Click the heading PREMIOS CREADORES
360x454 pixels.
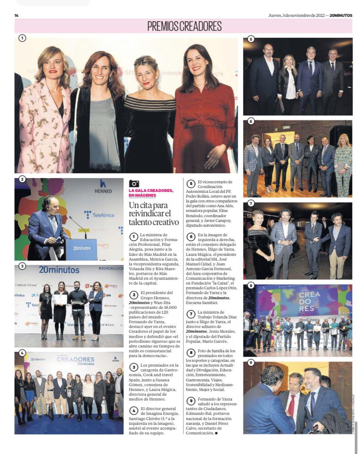(184, 26)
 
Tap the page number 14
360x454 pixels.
(17, 16)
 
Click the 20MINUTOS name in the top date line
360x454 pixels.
(340, 16)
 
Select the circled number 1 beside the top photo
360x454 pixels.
(22, 38)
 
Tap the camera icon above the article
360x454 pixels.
(134, 184)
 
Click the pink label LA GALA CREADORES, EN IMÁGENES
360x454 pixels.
(151, 193)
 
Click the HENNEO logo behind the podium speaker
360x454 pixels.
(103, 186)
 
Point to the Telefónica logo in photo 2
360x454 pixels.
(100, 215)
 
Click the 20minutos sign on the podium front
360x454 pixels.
(81, 249)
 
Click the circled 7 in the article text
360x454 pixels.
(190, 314)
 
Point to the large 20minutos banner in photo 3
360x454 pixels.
(59, 270)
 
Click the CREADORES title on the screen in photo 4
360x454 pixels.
(75, 360)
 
